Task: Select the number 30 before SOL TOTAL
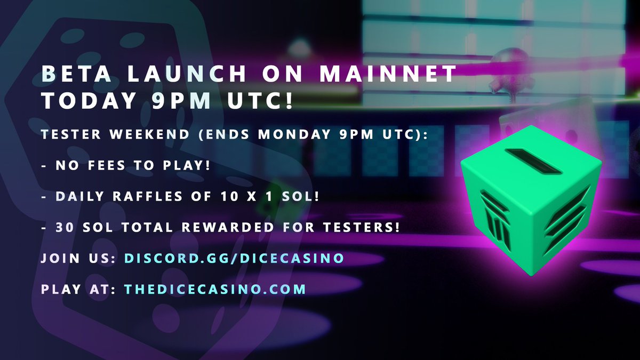click(65, 227)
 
